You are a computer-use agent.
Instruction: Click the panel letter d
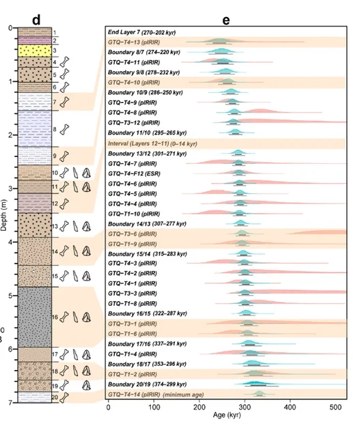[36, 20]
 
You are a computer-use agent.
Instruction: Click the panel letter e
[226, 20]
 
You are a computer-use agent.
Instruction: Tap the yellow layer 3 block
[35, 51]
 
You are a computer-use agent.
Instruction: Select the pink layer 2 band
[35, 40]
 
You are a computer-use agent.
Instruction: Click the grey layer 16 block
[35, 317]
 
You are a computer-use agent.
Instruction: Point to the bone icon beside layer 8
[64, 129]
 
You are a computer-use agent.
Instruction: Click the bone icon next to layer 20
[64, 397]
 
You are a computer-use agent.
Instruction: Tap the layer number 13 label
[55, 226]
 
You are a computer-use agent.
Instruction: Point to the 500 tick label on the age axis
[335, 407]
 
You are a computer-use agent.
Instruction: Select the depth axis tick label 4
[10, 242]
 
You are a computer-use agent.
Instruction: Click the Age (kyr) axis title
[227, 415]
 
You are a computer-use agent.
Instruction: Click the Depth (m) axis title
[3, 216]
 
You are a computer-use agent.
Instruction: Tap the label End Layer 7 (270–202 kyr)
[141, 32]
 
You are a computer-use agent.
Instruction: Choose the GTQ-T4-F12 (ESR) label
[134, 173]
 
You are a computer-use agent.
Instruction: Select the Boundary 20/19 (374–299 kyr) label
[147, 384]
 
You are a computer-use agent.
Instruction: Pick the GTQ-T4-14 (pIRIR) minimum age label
[156, 395]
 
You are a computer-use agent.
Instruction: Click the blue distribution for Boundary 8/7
[221, 51]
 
